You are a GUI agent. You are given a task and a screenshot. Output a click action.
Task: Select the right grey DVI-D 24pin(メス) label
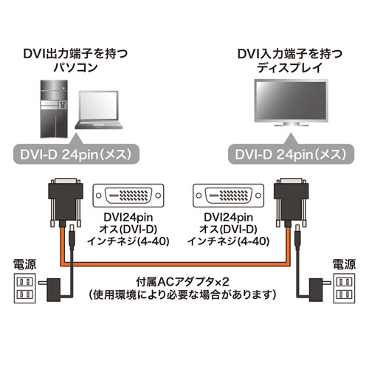287,155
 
